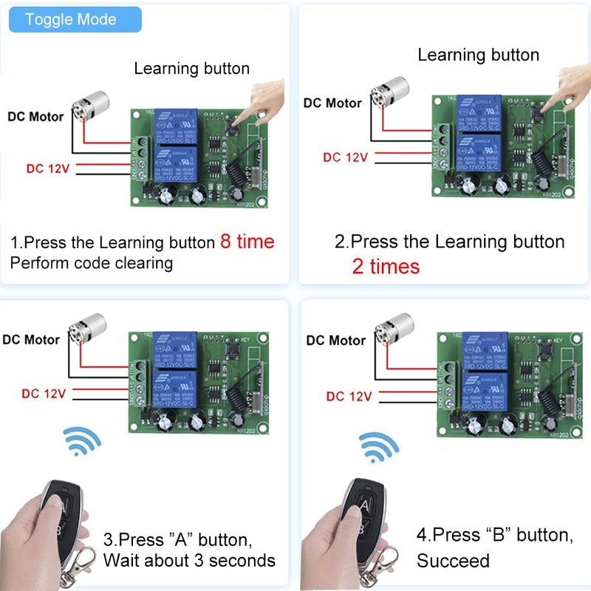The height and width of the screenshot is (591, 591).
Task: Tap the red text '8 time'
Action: point(247,242)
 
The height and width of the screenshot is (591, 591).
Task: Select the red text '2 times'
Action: point(385,267)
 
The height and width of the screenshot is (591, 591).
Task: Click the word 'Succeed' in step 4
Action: point(453,561)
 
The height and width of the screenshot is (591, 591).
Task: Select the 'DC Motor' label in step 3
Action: point(31,340)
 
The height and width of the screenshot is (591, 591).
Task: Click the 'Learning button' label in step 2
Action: point(478,55)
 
